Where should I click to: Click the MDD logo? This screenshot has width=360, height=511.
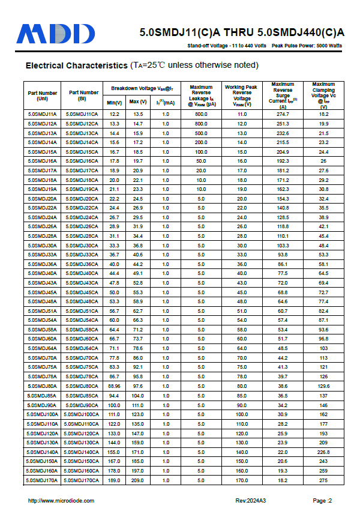(56, 34)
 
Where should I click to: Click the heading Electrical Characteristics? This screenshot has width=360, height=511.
(76, 65)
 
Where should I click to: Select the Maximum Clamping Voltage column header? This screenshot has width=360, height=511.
(323, 95)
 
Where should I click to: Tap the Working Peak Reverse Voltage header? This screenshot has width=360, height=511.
(241, 95)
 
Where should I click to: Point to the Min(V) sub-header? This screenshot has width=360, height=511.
(115, 103)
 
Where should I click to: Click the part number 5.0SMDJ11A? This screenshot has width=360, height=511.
(42, 114)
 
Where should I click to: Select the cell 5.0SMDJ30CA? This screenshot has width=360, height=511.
(82, 246)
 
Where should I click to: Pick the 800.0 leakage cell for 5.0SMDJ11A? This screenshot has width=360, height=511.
(201, 114)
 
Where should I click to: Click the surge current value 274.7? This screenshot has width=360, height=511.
(283, 114)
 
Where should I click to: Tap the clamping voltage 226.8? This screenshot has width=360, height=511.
(323, 452)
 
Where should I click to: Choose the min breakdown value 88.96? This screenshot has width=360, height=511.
(115, 386)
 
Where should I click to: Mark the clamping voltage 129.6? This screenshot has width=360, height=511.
(323, 386)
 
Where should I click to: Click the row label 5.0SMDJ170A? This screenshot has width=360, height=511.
(42, 480)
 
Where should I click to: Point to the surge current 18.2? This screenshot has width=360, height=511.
(283, 480)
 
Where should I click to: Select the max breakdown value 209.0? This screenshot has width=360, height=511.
(138, 480)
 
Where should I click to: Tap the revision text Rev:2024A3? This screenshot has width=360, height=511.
(250, 501)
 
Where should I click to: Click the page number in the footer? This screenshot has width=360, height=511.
(322, 501)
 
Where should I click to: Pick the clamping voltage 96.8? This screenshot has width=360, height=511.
(323, 339)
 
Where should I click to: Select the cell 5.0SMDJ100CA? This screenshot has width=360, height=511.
(82, 414)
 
